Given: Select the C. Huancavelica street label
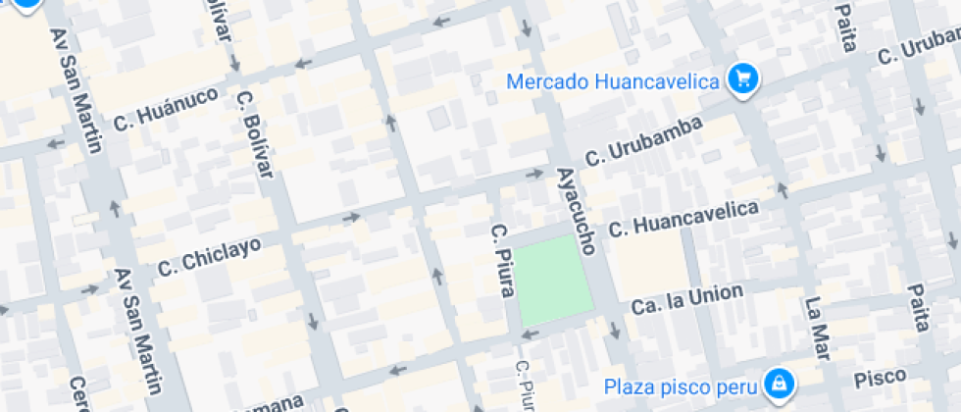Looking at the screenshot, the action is [x=684, y=219].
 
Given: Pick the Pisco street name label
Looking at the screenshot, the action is [x=879, y=378].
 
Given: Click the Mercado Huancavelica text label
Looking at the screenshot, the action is [x=614, y=81].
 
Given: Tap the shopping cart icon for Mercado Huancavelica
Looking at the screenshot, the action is [x=743, y=80].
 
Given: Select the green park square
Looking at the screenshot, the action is [x=555, y=281].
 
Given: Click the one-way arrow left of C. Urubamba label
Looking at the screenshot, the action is [x=534, y=174].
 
